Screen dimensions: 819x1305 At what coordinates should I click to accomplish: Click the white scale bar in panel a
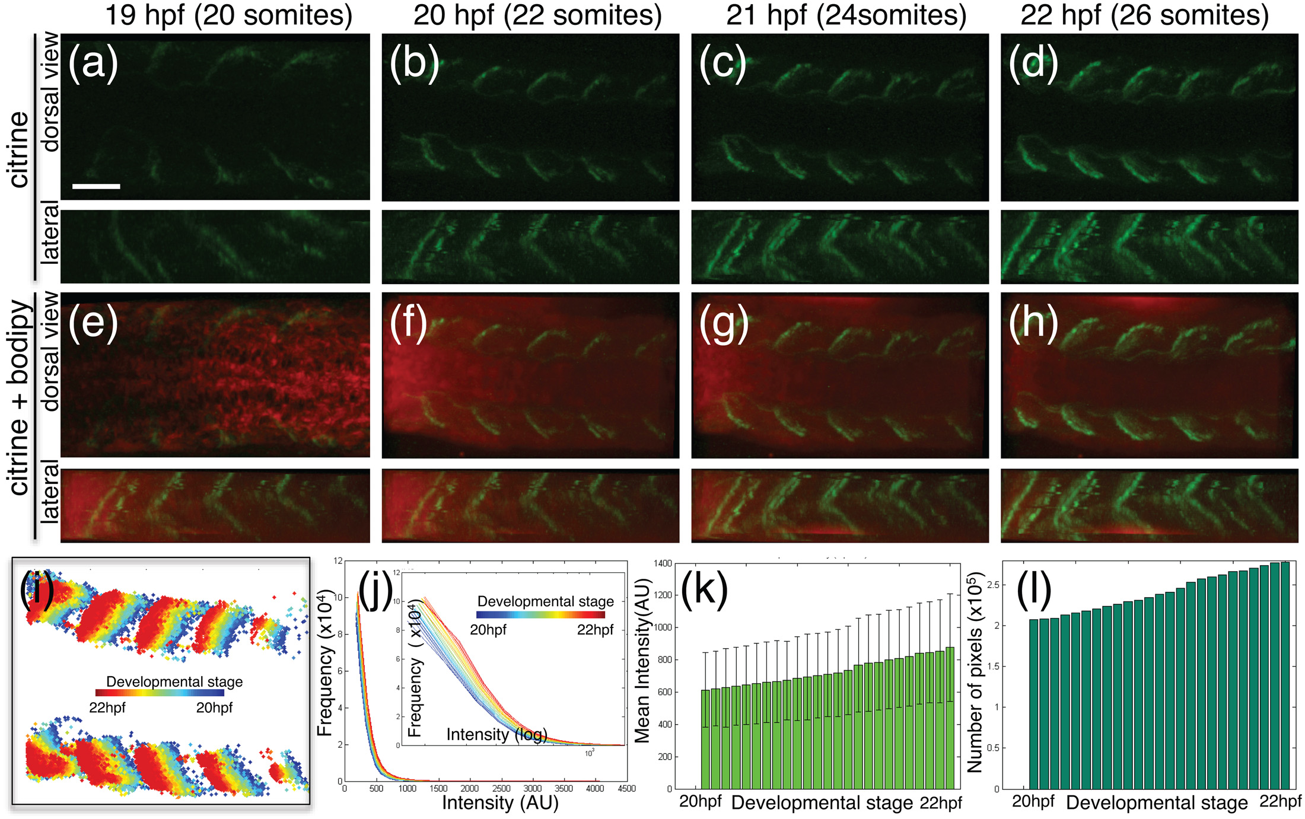click(x=96, y=186)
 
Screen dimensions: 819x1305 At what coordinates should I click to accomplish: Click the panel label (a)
click(x=93, y=62)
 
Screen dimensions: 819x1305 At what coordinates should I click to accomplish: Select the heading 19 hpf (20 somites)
click(x=228, y=15)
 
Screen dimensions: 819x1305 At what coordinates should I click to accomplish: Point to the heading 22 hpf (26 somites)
click(x=1144, y=15)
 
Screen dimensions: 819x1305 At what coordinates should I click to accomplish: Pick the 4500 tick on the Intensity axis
click(x=626, y=788)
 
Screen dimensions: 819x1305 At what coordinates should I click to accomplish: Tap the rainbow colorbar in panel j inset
click(x=540, y=615)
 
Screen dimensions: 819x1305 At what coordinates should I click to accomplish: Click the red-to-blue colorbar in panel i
click(x=160, y=692)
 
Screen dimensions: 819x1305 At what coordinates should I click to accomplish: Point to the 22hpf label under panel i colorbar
click(x=107, y=708)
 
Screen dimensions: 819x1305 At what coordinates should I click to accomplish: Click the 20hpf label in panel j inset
click(x=488, y=630)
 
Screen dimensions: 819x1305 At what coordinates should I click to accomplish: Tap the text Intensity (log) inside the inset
click(x=496, y=735)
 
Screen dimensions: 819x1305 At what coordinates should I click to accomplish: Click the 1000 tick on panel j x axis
click(x=407, y=788)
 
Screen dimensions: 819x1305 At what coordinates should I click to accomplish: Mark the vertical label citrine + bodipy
click(x=20, y=397)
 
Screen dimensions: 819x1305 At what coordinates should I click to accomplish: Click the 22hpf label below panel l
click(x=1280, y=802)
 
